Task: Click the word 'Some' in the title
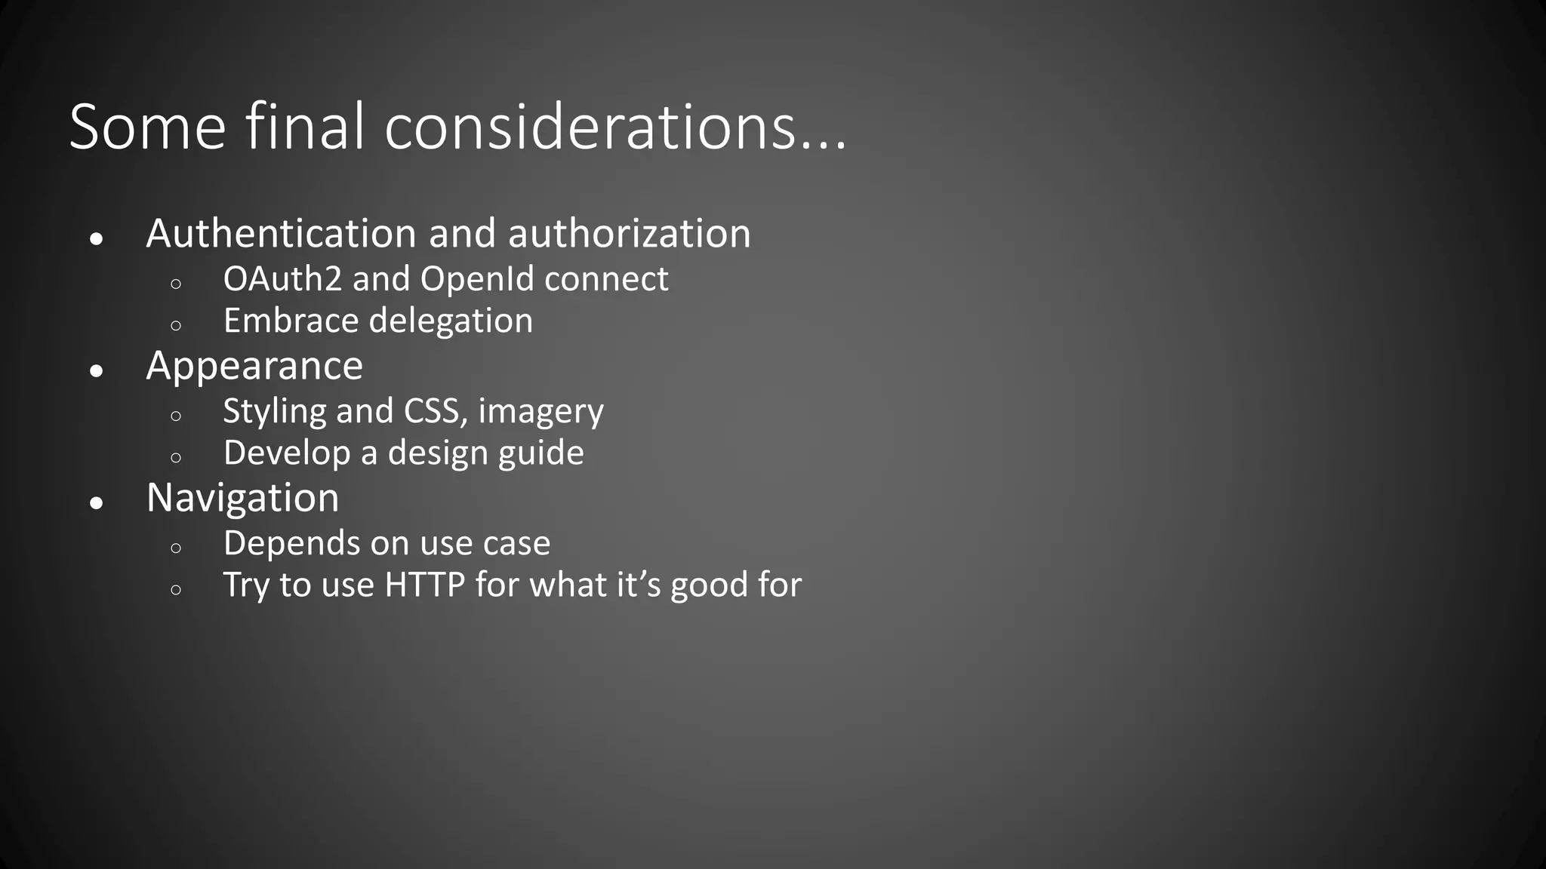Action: point(147,127)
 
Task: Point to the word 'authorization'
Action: point(629,233)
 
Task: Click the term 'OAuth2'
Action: point(282,279)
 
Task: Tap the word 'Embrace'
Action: point(291,321)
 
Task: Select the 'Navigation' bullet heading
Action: point(242,498)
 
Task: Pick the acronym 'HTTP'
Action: point(424,585)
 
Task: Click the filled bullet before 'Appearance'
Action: point(96,370)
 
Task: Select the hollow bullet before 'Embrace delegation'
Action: point(176,326)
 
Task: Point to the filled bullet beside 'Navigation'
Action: point(96,502)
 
